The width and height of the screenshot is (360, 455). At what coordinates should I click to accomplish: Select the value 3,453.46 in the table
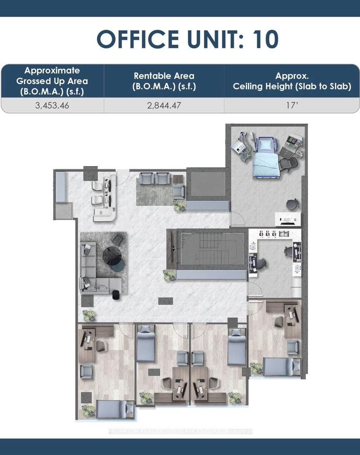pyautogui.click(x=52, y=105)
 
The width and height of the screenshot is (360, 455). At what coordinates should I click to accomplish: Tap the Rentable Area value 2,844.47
pyautogui.click(x=164, y=105)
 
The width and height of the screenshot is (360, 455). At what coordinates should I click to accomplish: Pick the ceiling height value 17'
pyautogui.click(x=292, y=105)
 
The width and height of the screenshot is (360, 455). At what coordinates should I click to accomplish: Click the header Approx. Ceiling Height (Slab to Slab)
pyautogui.click(x=292, y=81)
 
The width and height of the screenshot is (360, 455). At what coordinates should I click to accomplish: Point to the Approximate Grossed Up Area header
pyautogui.click(x=52, y=81)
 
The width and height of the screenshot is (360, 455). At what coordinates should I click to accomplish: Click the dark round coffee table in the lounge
pyautogui.click(x=112, y=256)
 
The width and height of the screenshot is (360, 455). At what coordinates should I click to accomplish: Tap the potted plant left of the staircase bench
pyautogui.click(x=170, y=275)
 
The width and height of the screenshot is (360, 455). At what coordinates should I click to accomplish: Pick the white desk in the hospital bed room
pyautogui.click(x=287, y=219)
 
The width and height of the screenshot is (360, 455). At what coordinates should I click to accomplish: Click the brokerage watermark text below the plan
pyautogui.click(x=180, y=431)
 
